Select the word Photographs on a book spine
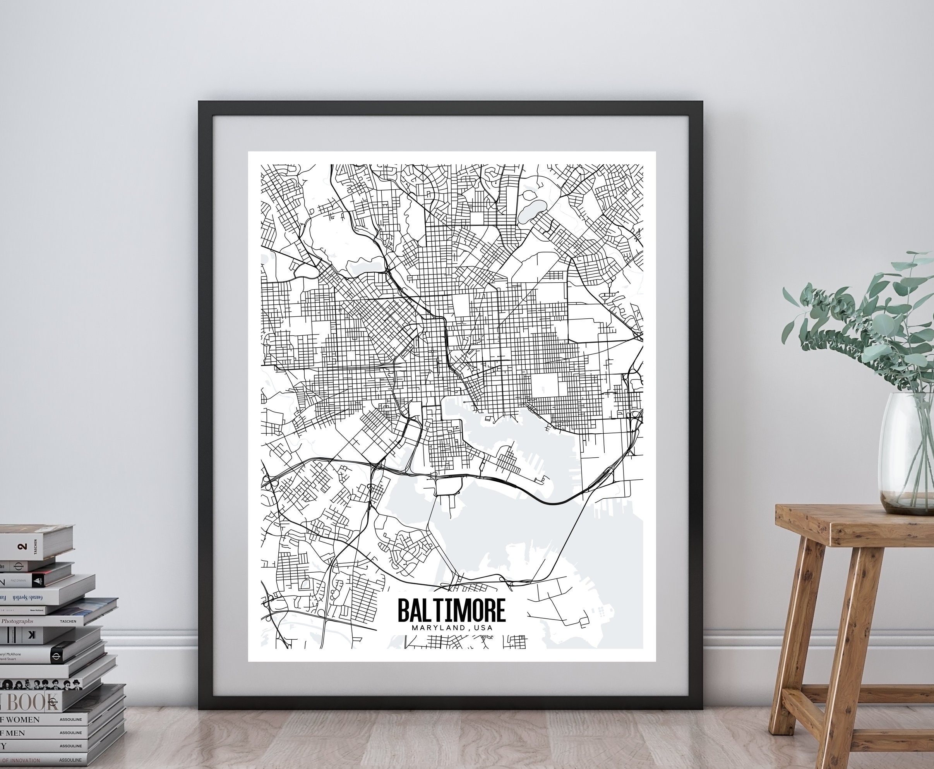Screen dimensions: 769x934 pyautogui.click(x=18, y=621)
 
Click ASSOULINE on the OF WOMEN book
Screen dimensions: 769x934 pyautogui.click(x=71, y=719)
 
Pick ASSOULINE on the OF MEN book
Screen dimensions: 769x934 pyautogui.click(x=71, y=733)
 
